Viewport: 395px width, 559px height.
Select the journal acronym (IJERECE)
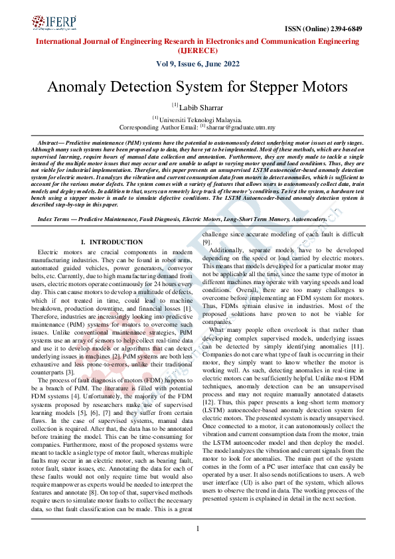[197, 50]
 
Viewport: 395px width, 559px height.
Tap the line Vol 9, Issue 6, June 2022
[197, 64]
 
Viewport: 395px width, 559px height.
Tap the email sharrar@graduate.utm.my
[240, 126]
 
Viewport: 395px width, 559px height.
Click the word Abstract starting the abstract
[52, 143]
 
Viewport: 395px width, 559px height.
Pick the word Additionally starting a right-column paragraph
[229, 250]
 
